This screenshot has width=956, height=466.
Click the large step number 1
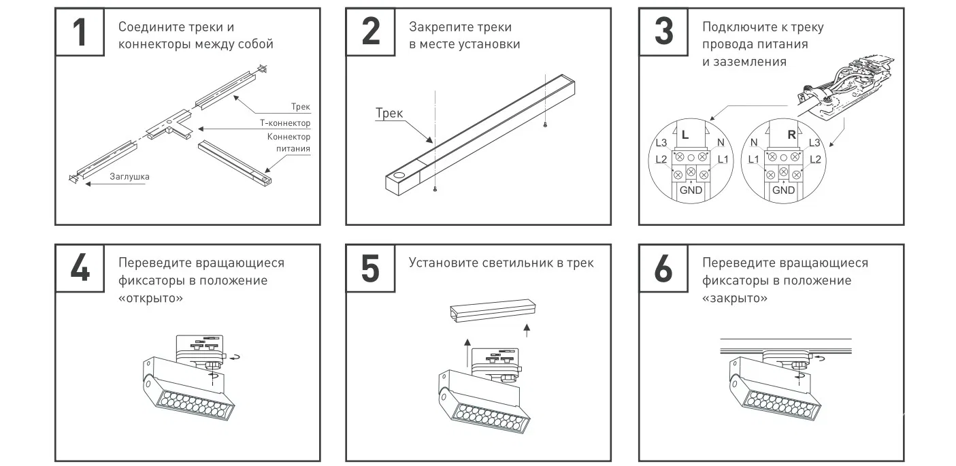pyautogui.click(x=80, y=32)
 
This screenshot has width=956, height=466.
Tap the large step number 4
pyautogui.click(x=80, y=268)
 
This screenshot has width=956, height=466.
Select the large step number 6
pyautogui.click(x=663, y=268)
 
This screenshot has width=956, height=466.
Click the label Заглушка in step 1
pyautogui.click(x=129, y=176)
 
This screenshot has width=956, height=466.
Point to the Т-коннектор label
pyautogui.click(x=285, y=123)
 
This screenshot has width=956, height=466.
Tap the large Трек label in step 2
pyautogui.click(x=389, y=113)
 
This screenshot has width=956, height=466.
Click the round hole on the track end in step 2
pyautogui.click(x=400, y=175)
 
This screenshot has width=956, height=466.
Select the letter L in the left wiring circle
pyautogui.click(x=685, y=135)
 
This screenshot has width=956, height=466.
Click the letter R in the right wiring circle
pyautogui.click(x=791, y=135)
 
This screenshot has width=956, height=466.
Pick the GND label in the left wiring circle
pyautogui.click(x=691, y=190)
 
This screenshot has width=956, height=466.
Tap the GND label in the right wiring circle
pyautogui.click(x=783, y=190)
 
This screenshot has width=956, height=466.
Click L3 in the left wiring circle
pyautogui.click(x=661, y=143)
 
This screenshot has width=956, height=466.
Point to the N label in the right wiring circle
pyautogui.click(x=754, y=143)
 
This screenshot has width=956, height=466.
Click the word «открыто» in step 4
pyautogui.click(x=150, y=298)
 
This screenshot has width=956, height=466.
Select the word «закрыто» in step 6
pyautogui.click(x=734, y=298)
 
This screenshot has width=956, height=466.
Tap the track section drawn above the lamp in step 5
pyautogui.click(x=493, y=310)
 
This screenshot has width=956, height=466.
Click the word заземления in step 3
pyautogui.click(x=750, y=62)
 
